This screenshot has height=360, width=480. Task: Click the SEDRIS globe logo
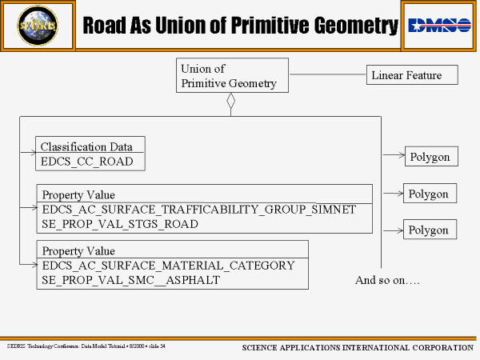[x=37, y=26]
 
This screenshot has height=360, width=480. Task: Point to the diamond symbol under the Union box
[x=230, y=102]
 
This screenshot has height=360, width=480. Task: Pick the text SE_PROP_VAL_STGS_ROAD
[x=120, y=224]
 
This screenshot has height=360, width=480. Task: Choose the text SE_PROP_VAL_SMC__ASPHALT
[x=130, y=280]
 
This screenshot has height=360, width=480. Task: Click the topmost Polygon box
[x=430, y=157]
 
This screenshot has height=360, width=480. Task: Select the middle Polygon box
[x=428, y=194]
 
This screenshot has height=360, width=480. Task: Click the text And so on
[x=387, y=280]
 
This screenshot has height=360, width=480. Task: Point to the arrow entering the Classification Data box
[x=30, y=150]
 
